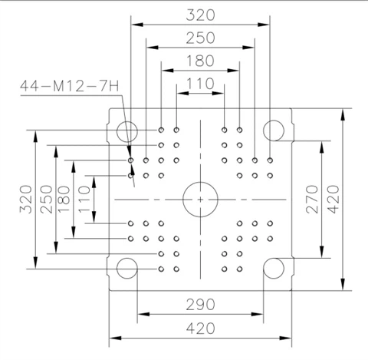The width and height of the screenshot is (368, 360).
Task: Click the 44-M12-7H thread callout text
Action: tap(70, 86)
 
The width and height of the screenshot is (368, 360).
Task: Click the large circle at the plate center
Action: tap(200, 182)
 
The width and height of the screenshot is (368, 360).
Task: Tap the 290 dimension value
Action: tap(200, 305)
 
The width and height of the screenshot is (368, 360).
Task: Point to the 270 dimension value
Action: tap(312, 200)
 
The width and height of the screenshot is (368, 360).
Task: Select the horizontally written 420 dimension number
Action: tap(200, 329)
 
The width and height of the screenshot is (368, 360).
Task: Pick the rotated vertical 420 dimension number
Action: tap(333, 200)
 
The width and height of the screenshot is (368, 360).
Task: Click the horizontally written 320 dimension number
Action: tap(200, 15)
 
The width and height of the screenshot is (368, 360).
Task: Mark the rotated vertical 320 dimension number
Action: tap(26, 200)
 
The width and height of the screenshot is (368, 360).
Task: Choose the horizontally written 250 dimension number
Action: tap(200, 38)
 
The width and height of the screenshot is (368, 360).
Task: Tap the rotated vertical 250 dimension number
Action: tap(46, 200)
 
